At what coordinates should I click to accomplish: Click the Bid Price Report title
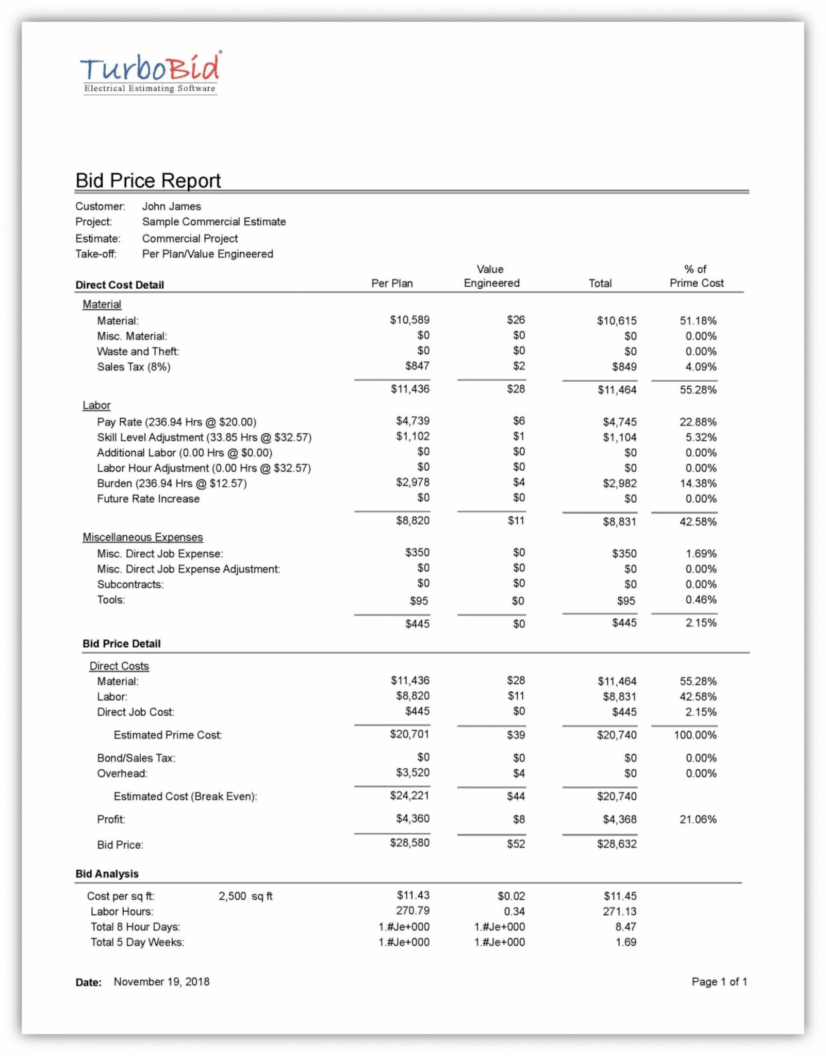(x=148, y=180)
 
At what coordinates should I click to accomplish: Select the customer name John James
(x=172, y=206)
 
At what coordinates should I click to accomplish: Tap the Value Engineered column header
(x=491, y=276)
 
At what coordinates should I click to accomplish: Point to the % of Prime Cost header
(x=696, y=276)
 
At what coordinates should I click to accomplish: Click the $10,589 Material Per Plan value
(x=409, y=320)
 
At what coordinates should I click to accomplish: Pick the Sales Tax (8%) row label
(x=134, y=367)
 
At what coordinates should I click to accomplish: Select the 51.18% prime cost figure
(x=698, y=321)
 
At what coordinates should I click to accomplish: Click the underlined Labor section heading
(x=96, y=405)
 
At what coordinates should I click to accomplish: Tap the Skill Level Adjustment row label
(x=204, y=437)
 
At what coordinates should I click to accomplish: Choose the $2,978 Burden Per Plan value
(x=412, y=483)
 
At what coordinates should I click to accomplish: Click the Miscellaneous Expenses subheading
(x=143, y=537)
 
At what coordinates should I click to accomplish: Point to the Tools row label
(x=111, y=600)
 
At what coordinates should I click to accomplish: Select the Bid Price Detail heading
(x=122, y=643)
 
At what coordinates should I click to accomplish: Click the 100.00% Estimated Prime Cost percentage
(x=695, y=735)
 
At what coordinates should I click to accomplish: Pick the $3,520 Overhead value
(x=412, y=772)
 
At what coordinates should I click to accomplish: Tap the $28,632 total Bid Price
(x=617, y=844)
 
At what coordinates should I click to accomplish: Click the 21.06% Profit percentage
(x=698, y=819)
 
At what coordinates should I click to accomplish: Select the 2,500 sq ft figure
(x=245, y=896)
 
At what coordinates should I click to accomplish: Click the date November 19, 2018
(x=161, y=982)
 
